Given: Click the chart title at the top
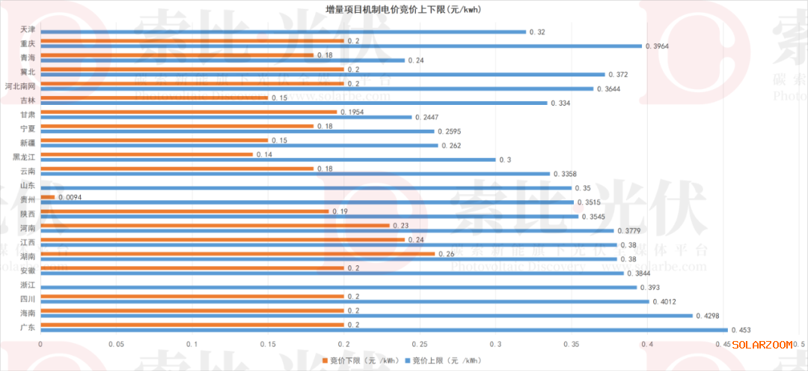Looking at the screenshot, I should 403,8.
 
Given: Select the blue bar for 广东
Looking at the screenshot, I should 384,330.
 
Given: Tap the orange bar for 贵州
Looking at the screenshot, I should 47,197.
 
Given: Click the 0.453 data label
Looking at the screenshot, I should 740,330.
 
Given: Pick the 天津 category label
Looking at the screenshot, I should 28,29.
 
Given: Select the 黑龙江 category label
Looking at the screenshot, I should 23,157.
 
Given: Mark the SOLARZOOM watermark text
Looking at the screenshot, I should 762,345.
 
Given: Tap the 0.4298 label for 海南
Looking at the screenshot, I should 709,316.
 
